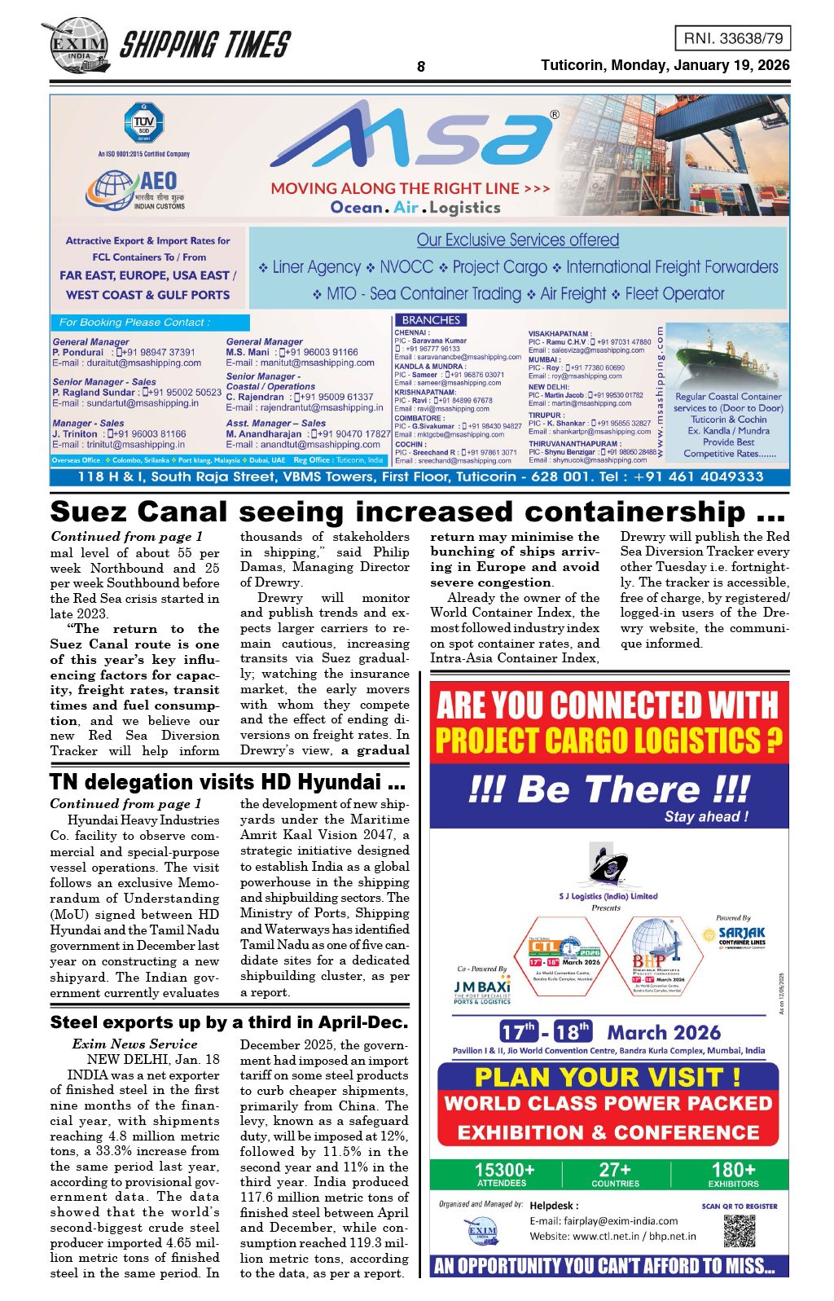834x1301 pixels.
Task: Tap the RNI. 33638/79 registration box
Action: [x=732, y=38]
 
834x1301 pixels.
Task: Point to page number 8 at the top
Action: [x=420, y=67]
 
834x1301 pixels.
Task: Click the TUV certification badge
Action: [x=144, y=124]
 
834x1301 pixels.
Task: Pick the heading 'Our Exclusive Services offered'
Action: [x=518, y=240]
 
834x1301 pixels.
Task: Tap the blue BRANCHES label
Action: [x=431, y=320]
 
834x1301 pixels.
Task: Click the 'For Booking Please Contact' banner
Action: [x=150, y=323]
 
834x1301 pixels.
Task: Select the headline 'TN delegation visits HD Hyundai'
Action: [x=227, y=782]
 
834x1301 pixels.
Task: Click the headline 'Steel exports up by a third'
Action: [x=229, y=1022]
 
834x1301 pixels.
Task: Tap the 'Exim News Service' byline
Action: [x=134, y=1044]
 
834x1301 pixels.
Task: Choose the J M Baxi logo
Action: [x=482, y=990]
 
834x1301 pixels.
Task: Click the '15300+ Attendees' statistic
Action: [x=504, y=1174]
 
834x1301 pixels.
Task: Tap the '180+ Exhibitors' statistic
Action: [x=733, y=1174]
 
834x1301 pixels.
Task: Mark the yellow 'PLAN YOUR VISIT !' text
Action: [x=608, y=1077]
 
